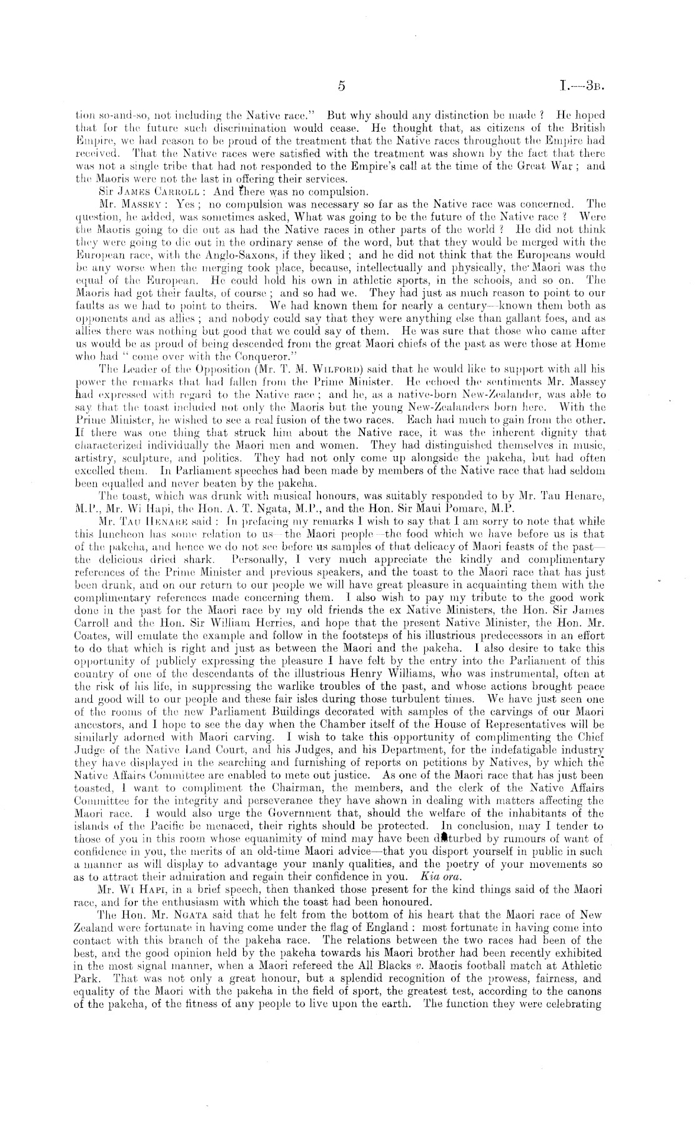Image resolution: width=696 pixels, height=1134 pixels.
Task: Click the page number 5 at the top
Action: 341,87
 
